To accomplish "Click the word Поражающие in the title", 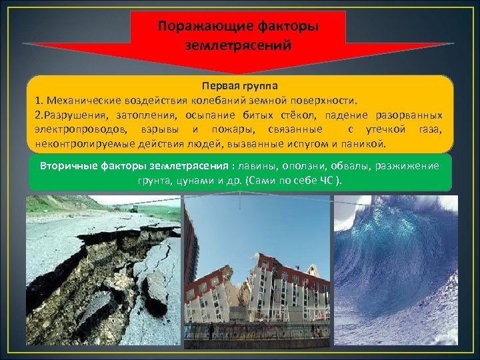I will [x=198, y=27].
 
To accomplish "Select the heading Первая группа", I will [x=239, y=87].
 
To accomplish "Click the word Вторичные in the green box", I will [x=67, y=166].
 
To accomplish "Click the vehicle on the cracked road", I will [x=134, y=209].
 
